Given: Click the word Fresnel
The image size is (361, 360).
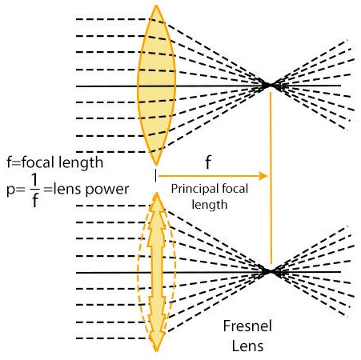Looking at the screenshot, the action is point(247,326).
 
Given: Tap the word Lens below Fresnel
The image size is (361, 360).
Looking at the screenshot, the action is point(247,346).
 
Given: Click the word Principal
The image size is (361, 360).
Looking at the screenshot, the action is point(197,189).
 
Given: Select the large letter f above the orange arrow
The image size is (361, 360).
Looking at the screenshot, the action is point(208,162).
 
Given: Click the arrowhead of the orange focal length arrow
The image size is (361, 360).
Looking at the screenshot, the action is point(263,176).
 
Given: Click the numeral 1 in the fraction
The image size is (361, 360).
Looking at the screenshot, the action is point(34,181).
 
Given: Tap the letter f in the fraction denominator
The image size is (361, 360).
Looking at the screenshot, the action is point(35,200).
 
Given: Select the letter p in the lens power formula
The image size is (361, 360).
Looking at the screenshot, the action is point(10,190).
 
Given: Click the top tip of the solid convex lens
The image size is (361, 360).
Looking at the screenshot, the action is point(156,6).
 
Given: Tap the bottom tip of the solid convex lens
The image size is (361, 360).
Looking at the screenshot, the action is point(156,165).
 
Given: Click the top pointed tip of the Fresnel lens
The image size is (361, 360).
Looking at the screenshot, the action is point(157,193).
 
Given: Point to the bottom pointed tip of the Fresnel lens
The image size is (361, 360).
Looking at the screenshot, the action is point(157,351).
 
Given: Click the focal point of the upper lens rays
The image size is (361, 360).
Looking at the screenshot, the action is point(270,86).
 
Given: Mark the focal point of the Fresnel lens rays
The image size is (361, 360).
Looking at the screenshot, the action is point(270,272).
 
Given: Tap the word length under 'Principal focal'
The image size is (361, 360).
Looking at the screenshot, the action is point(210,206).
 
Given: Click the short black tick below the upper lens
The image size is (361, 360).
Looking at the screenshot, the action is point(155,176).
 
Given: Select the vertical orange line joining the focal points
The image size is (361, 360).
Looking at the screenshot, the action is point(271,178).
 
